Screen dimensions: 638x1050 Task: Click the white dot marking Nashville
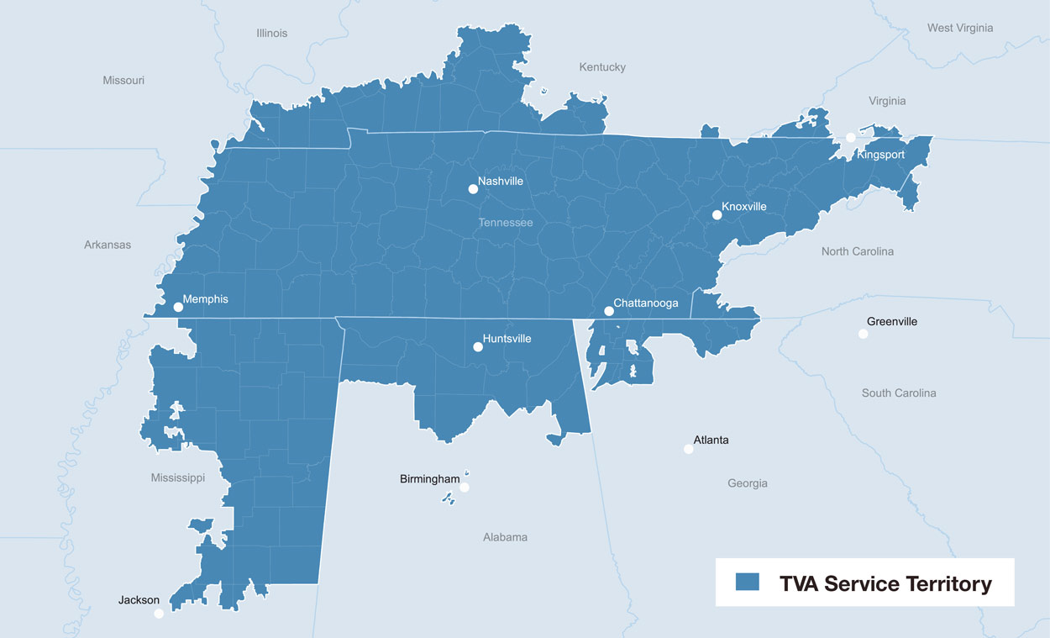[473, 189]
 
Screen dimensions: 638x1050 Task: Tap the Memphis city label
[205, 299]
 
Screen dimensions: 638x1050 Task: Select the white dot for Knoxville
[717, 215]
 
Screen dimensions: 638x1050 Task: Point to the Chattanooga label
[645, 303]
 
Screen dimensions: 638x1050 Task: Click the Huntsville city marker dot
[478, 346]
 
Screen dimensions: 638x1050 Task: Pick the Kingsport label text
[880, 155]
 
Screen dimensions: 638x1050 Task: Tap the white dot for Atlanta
[689, 449]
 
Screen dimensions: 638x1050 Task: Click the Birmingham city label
[429, 479]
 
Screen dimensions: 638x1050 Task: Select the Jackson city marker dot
[159, 614]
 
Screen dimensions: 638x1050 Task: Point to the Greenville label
[892, 322]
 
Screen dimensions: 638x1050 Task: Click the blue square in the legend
[747, 582]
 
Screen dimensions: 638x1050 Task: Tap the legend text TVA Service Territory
[885, 583]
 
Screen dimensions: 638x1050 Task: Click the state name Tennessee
[506, 223]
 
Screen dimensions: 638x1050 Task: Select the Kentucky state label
[602, 67]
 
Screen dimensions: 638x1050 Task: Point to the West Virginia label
[960, 28]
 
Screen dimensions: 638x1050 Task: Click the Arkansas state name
[108, 245]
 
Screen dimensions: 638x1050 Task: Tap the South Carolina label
[899, 393]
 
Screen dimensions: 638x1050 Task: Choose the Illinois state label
[271, 33]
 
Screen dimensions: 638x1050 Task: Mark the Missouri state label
[123, 81]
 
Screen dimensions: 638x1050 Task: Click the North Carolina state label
[857, 251]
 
